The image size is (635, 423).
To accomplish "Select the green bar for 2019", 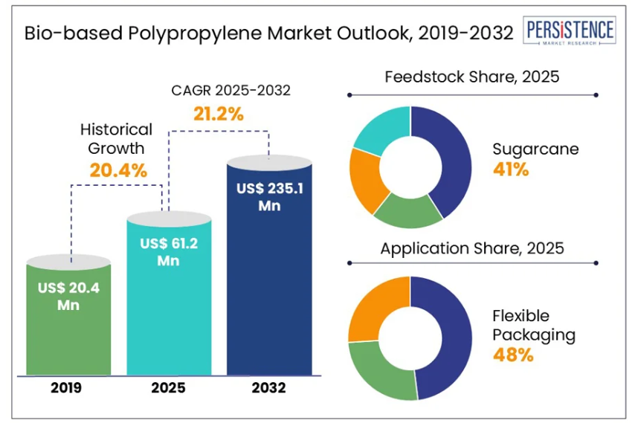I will (x=68, y=335).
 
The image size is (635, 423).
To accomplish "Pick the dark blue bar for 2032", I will (x=268, y=297).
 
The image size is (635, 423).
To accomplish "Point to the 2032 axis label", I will (x=269, y=388).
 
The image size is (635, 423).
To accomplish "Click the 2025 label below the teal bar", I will (x=168, y=388).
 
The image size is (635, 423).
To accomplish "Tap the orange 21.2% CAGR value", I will (x=218, y=114).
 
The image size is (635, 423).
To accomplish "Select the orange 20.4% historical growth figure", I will (x=118, y=169).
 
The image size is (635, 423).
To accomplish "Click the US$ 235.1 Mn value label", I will (x=269, y=197).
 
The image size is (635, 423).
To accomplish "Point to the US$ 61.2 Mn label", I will (x=168, y=252).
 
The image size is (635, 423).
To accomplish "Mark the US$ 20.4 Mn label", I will (x=68, y=297).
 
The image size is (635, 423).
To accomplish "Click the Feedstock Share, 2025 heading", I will (x=471, y=77).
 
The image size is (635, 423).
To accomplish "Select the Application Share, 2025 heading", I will (x=471, y=248).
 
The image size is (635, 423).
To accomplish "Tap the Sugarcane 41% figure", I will (x=511, y=169).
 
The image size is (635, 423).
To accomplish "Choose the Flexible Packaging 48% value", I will (x=513, y=355).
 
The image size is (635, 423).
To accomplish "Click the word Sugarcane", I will (x=535, y=149).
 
